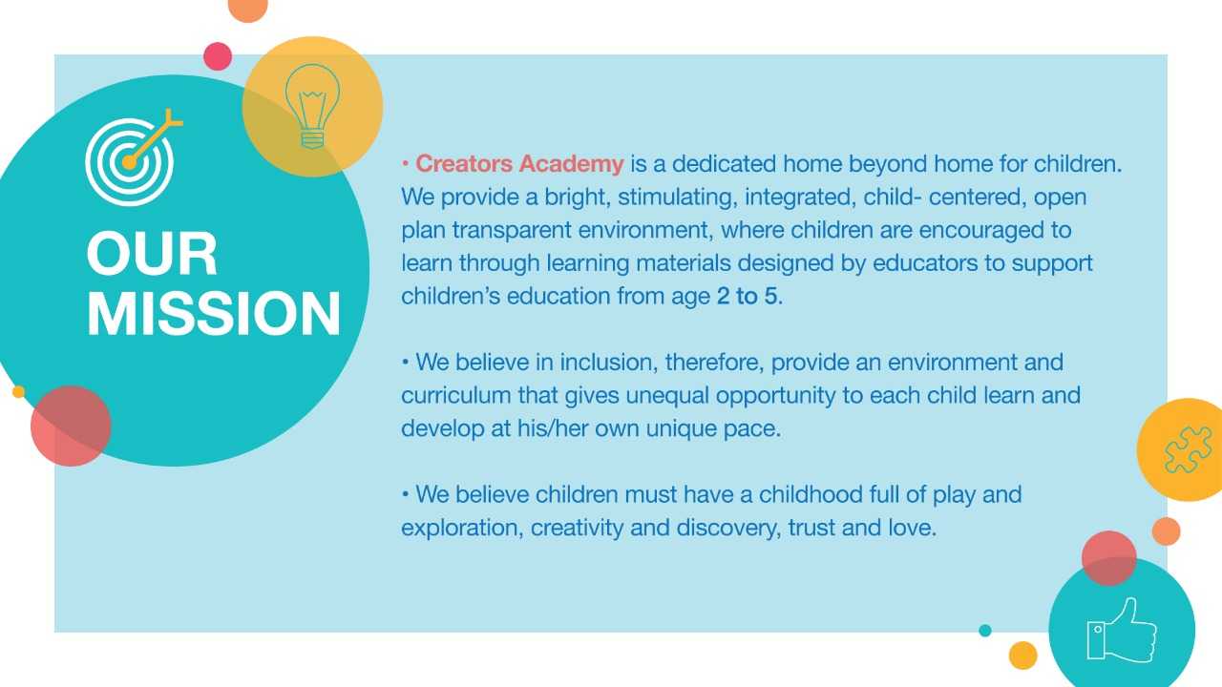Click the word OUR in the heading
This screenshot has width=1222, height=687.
(x=152, y=254)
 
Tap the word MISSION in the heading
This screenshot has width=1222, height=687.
(x=214, y=313)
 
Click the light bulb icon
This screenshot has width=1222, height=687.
(x=312, y=106)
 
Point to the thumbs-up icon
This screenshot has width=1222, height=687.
(x=1122, y=631)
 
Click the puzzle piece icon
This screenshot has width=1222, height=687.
(x=1188, y=449)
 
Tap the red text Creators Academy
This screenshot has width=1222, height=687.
(x=519, y=163)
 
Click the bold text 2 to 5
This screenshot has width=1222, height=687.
(x=747, y=296)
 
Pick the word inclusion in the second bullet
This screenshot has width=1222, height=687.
(x=608, y=362)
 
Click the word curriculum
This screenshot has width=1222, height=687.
(x=456, y=395)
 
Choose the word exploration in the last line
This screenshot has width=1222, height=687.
(x=462, y=529)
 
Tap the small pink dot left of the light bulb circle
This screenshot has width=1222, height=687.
(x=218, y=56)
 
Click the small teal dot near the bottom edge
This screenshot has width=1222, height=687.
(x=984, y=631)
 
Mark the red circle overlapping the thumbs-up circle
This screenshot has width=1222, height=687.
(x=1109, y=558)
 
